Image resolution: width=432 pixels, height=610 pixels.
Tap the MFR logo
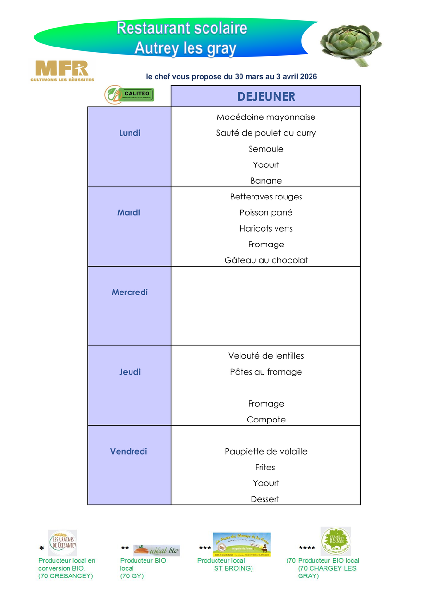[62, 70]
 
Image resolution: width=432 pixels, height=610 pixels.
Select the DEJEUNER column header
[266, 96]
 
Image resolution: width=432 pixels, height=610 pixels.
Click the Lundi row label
[130, 133]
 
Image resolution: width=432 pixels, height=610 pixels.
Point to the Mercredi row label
[130, 292]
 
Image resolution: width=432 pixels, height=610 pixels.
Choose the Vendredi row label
[129, 451]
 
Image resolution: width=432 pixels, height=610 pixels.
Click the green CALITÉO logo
[130, 94]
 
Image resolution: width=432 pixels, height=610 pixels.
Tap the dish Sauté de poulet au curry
[266, 133]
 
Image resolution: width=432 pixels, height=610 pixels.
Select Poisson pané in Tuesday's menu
[266, 212]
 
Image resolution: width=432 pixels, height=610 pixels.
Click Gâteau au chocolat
[266, 260]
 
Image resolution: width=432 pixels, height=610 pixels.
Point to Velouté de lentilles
[266, 356]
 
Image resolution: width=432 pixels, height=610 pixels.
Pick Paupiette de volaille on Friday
[266, 451]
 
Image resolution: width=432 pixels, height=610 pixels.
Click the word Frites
[265, 467]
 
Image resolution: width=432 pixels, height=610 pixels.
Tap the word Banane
[266, 181]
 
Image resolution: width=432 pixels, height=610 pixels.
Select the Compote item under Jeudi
[266, 420]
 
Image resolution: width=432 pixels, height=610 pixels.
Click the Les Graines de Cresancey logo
[62, 543]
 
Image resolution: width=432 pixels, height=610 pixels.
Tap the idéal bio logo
[156, 550]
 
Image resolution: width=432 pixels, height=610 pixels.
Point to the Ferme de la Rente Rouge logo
[336, 541]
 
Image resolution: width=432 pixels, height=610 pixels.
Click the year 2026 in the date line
[307, 77]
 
